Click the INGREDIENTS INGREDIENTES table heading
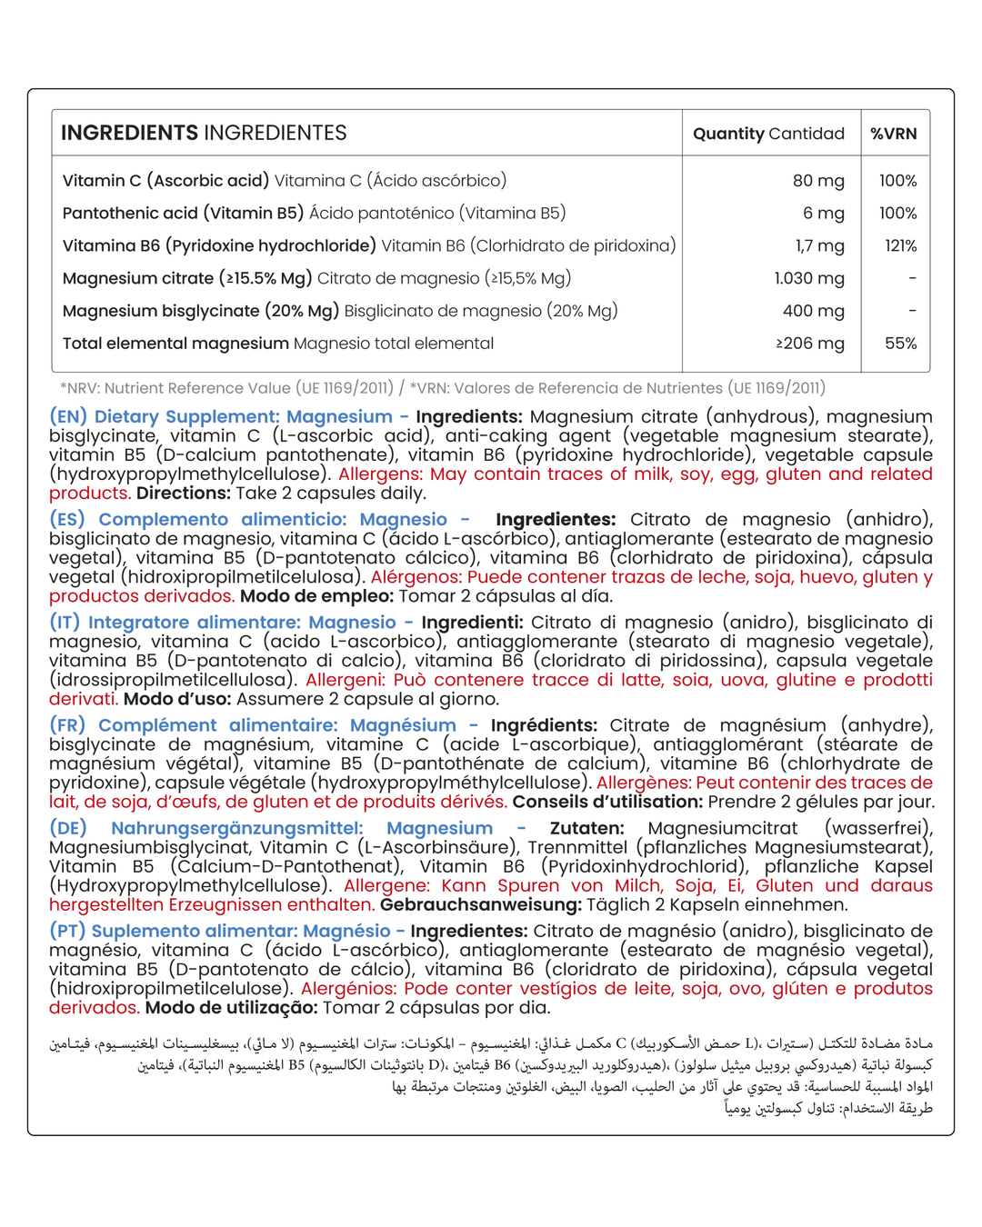click(x=204, y=133)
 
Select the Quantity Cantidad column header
click(x=768, y=134)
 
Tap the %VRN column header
click(x=894, y=134)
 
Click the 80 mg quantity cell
click(x=818, y=181)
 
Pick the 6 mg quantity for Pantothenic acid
click(x=823, y=214)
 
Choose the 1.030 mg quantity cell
click(x=809, y=279)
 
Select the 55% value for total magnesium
click(x=900, y=344)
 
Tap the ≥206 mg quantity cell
click(x=809, y=344)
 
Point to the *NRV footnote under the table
click(x=442, y=388)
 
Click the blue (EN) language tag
click(x=68, y=417)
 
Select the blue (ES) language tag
click(x=67, y=520)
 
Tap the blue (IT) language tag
click(x=65, y=623)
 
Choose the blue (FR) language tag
click(x=67, y=725)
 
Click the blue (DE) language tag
click(x=68, y=828)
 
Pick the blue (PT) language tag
click(x=66, y=931)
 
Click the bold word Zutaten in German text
click(x=586, y=828)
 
